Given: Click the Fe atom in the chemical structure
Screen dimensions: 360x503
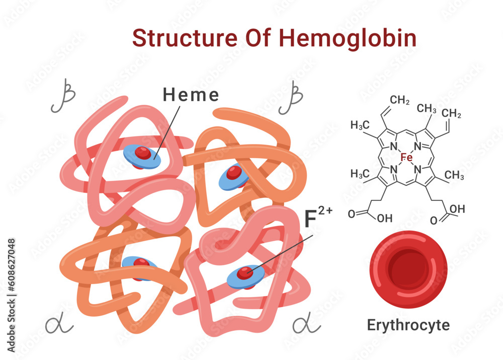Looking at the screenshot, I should pyautogui.click(x=406, y=158).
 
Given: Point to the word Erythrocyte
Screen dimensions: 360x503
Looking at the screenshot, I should pyautogui.click(x=408, y=325).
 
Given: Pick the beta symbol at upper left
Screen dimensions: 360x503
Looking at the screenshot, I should pyautogui.click(x=62, y=95).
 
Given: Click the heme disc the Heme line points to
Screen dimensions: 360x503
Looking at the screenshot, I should pyautogui.click(x=142, y=156).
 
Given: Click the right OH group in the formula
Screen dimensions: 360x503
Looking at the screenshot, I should pyautogui.click(x=457, y=209).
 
